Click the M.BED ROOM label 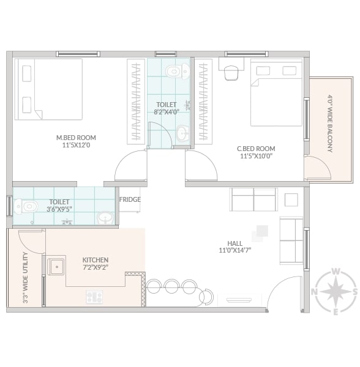76,138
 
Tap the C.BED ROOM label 256,149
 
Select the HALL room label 235,243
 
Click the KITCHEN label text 96,260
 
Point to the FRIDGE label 130,199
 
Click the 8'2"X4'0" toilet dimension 167,112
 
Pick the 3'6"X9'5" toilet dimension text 59,209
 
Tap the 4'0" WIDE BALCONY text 330,124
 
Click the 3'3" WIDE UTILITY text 26,278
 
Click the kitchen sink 56,267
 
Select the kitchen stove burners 94,297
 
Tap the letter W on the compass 336,272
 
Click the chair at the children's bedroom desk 231,73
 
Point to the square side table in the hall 291,199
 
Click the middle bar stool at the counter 172,286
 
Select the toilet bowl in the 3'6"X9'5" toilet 26,207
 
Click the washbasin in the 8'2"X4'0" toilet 182,133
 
